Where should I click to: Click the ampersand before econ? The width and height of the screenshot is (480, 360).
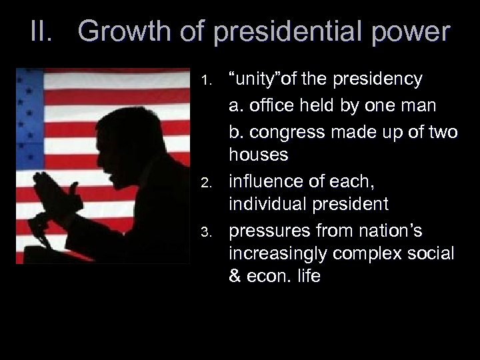[x=235, y=276]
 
